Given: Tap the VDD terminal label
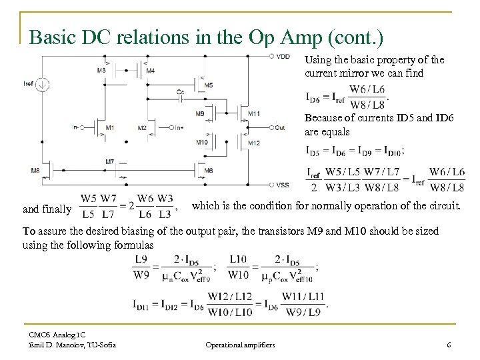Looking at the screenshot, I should tap(283, 56).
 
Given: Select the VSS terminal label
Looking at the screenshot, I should tap(283, 185).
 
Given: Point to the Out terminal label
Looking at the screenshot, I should tap(280, 127).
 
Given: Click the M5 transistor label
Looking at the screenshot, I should tap(209, 85).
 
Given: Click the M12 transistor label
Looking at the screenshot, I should tap(253, 142).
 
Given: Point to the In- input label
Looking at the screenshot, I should tap(77, 127).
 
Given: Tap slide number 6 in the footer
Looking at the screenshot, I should tap(449, 344).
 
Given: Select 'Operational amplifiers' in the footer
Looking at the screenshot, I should tap(240, 344).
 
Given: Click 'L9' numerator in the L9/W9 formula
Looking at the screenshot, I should tap(141, 259).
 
